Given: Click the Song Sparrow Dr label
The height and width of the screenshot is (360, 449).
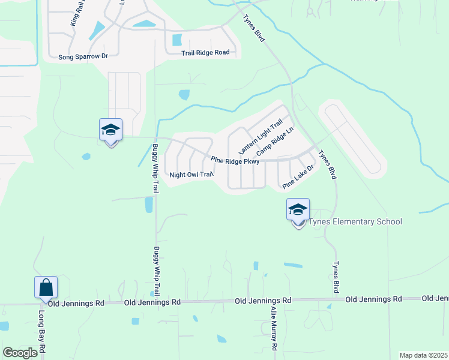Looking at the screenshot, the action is (x=83, y=56).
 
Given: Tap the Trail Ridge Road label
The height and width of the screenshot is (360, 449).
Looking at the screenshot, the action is (x=205, y=53).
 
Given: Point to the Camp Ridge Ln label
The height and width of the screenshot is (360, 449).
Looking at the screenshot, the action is (x=274, y=142).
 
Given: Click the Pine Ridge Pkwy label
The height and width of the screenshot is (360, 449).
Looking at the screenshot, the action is (x=235, y=161).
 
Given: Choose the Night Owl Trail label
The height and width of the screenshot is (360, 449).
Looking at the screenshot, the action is (x=191, y=175).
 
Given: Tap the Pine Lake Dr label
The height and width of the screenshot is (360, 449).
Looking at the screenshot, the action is (x=298, y=177).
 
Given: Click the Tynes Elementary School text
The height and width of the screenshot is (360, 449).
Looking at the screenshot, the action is (x=355, y=222).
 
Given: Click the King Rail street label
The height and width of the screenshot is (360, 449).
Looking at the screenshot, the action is (x=74, y=13).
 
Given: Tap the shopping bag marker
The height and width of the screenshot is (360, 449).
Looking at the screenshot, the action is (x=46, y=289).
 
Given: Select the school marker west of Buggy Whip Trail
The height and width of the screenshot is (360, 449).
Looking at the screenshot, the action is (x=110, y=130).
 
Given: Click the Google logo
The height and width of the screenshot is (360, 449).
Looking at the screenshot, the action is (x=20, y=353).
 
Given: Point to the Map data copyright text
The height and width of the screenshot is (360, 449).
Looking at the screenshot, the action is (x=423, y=355).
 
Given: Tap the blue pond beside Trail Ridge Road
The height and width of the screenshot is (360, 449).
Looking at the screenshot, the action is (x=177, y=40).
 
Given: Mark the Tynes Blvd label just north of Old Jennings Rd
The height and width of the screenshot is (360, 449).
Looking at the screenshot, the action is (x=336, y=277).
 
